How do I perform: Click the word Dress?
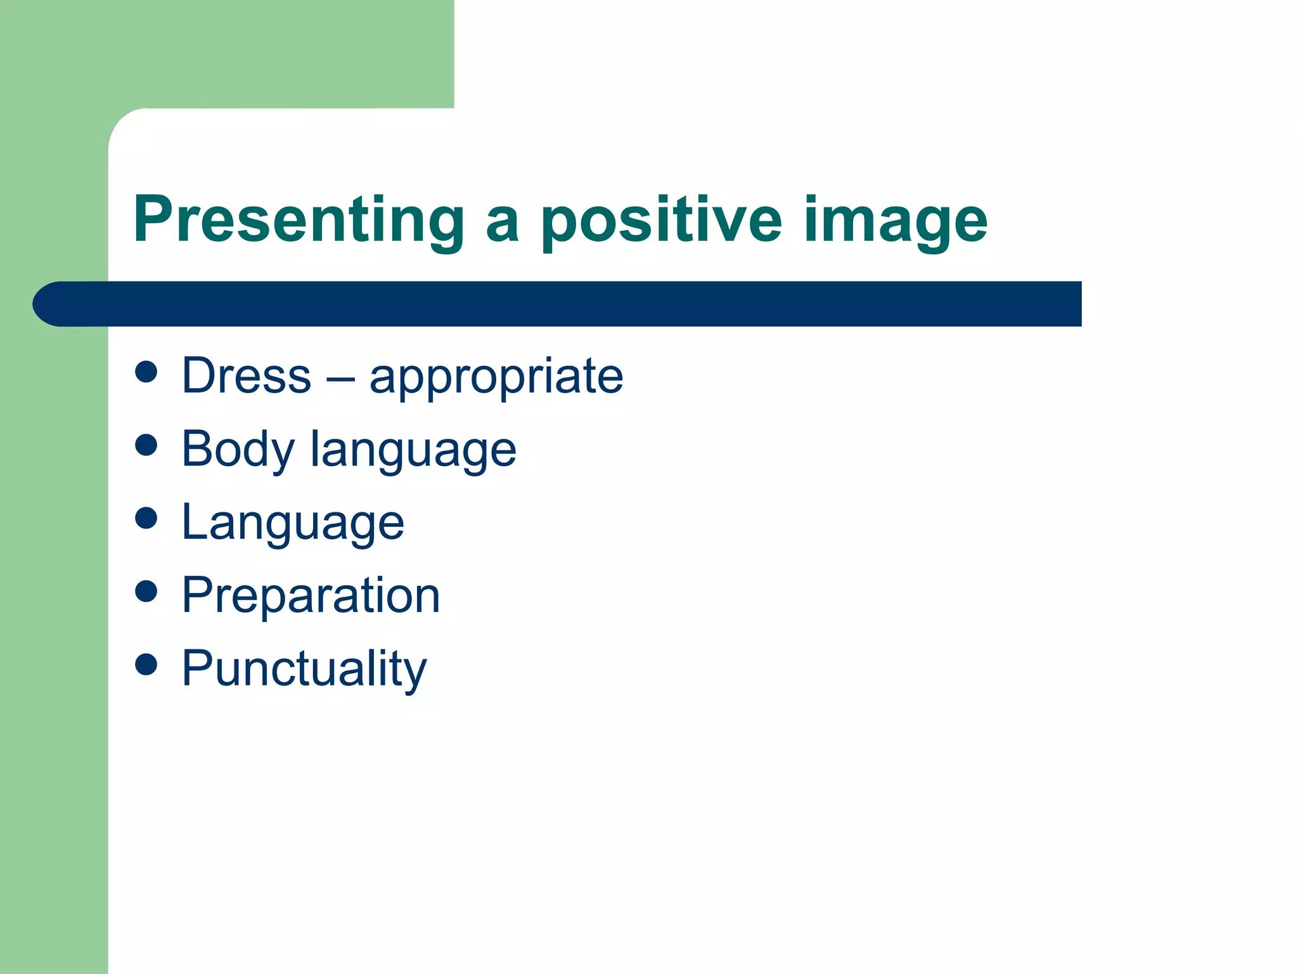pos(247,375)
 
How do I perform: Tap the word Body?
pos(238,450)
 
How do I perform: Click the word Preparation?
pos(311,596)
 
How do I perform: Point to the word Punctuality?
pos(304,669)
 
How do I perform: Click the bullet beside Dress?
pos(146,372)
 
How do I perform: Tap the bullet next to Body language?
pos(146,445)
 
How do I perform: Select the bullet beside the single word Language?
pos(146,517)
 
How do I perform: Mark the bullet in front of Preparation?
pos(146,591)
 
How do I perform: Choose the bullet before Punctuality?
pos(146,665)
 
